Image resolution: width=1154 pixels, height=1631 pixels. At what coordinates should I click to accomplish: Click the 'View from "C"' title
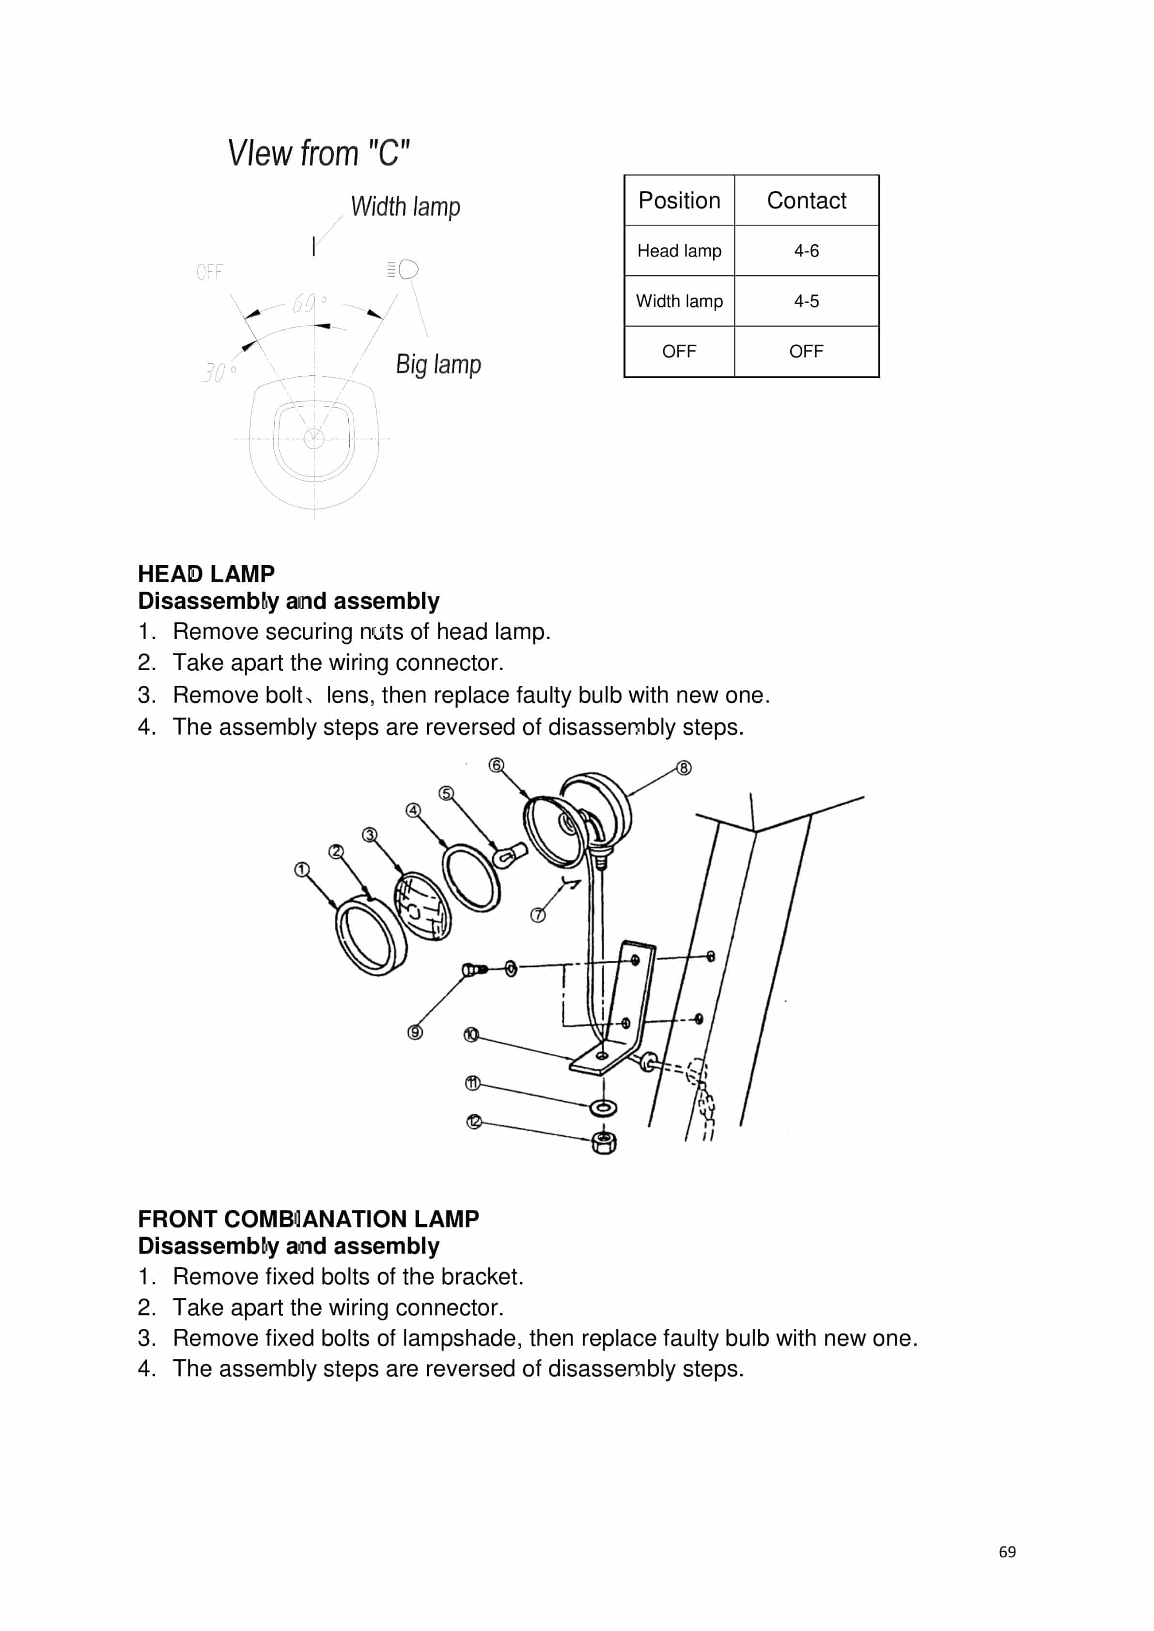(x=318, y=154)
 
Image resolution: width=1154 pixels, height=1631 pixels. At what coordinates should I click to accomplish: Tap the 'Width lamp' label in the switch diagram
(x=405, y=207)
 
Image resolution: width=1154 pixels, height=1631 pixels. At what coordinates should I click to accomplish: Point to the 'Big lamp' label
(x=438, y=365)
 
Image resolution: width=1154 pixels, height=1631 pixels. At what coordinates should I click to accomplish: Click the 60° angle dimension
(x=308, y=303)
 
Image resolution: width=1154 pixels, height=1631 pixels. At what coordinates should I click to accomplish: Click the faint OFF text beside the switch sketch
(x=210, y=272)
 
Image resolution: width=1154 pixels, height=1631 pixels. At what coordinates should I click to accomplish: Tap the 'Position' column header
(x=679, y=200)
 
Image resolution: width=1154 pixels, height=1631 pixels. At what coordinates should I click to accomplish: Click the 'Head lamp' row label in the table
(x=679, y=251)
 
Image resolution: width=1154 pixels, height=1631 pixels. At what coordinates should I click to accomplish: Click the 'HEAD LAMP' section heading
(x=206, y=573)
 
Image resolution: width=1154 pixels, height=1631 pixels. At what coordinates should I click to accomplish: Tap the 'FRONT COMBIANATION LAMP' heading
(x=309, y=1219)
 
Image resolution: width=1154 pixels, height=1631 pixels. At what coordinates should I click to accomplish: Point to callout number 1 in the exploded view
(x=301, y=869)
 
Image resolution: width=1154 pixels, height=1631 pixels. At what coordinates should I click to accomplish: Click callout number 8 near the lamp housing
(x=683, y=768)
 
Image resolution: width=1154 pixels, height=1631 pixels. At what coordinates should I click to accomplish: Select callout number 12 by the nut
(x=474, y=1122)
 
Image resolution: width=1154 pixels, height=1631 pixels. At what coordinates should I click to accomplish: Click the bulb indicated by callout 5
(x=510, y=855)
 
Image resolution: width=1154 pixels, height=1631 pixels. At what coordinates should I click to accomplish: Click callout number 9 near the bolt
(x=415, y=1032)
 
